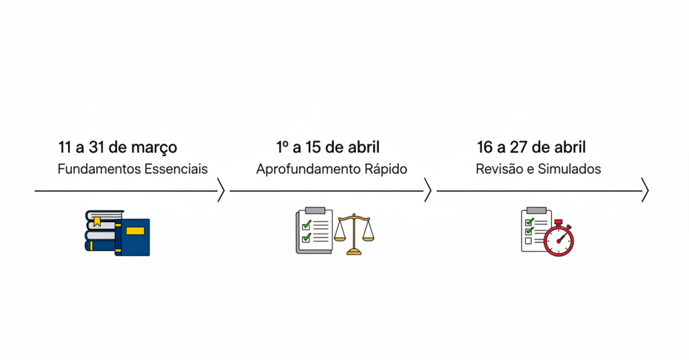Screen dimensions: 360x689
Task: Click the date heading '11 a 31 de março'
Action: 118,147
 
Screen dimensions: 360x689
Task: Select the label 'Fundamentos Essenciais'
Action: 133,169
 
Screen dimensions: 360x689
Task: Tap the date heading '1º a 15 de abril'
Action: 328,147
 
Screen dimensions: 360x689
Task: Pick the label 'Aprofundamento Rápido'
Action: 332,169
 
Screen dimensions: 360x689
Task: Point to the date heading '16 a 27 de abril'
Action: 531,147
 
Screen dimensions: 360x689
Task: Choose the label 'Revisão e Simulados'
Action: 538,169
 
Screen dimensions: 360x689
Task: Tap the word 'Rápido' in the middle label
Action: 384,169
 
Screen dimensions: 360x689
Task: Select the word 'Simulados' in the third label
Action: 571,169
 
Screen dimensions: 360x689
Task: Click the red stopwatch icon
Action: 559,240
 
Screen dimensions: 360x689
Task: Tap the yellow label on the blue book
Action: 135,231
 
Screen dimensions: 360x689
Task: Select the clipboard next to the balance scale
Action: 314,231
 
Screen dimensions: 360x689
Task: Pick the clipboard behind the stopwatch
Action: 535,229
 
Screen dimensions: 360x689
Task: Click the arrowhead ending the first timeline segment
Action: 221,191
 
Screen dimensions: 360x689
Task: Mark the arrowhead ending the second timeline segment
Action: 427,191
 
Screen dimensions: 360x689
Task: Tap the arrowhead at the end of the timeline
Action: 645,191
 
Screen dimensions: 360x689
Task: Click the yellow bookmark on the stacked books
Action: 97,221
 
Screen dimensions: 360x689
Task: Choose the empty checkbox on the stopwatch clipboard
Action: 528,241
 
